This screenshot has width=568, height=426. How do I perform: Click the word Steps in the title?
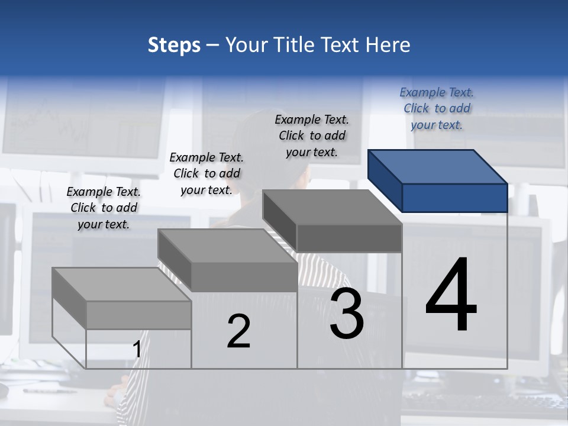(x=174, y=45)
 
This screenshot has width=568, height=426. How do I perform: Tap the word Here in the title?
(x=386, y=45)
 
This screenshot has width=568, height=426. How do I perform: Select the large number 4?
(x=451, y=296)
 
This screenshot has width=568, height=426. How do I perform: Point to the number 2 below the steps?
(x=238, y=331)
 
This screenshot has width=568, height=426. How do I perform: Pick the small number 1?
(x=137, y=350)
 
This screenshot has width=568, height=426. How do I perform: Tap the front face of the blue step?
(x=454, y=198)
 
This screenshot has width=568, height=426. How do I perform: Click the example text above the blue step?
(x=437, y=108)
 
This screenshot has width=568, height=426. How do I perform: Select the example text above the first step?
(x=104, y=208)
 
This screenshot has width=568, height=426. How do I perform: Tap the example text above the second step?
(x=206, y=173)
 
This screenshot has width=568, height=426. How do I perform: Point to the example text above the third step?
(x=312, y=135)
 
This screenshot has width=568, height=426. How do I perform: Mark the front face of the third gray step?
(x=349, y=238)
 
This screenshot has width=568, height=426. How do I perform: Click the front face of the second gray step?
(x=244, y=277)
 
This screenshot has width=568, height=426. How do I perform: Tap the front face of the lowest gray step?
(x=138, y=315)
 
